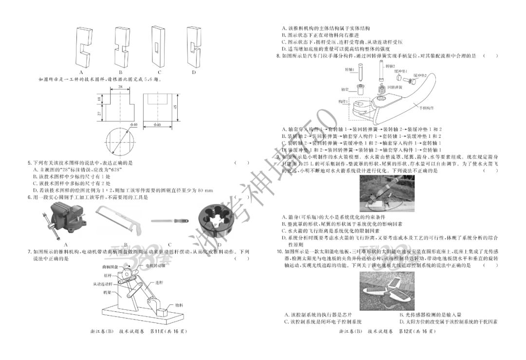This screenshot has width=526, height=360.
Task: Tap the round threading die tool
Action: tap(219, 222)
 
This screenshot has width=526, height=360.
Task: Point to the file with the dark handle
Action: tap(170, 221)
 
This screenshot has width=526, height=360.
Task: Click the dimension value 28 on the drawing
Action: tap(119, 86)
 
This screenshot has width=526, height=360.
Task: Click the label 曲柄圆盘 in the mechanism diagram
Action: tap(110, 267)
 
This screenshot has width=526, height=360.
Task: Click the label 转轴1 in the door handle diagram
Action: tap(350, 70)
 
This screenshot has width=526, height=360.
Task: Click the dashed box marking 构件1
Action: tap(359, 109)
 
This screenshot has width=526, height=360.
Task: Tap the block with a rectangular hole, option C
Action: tap(156, 46)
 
